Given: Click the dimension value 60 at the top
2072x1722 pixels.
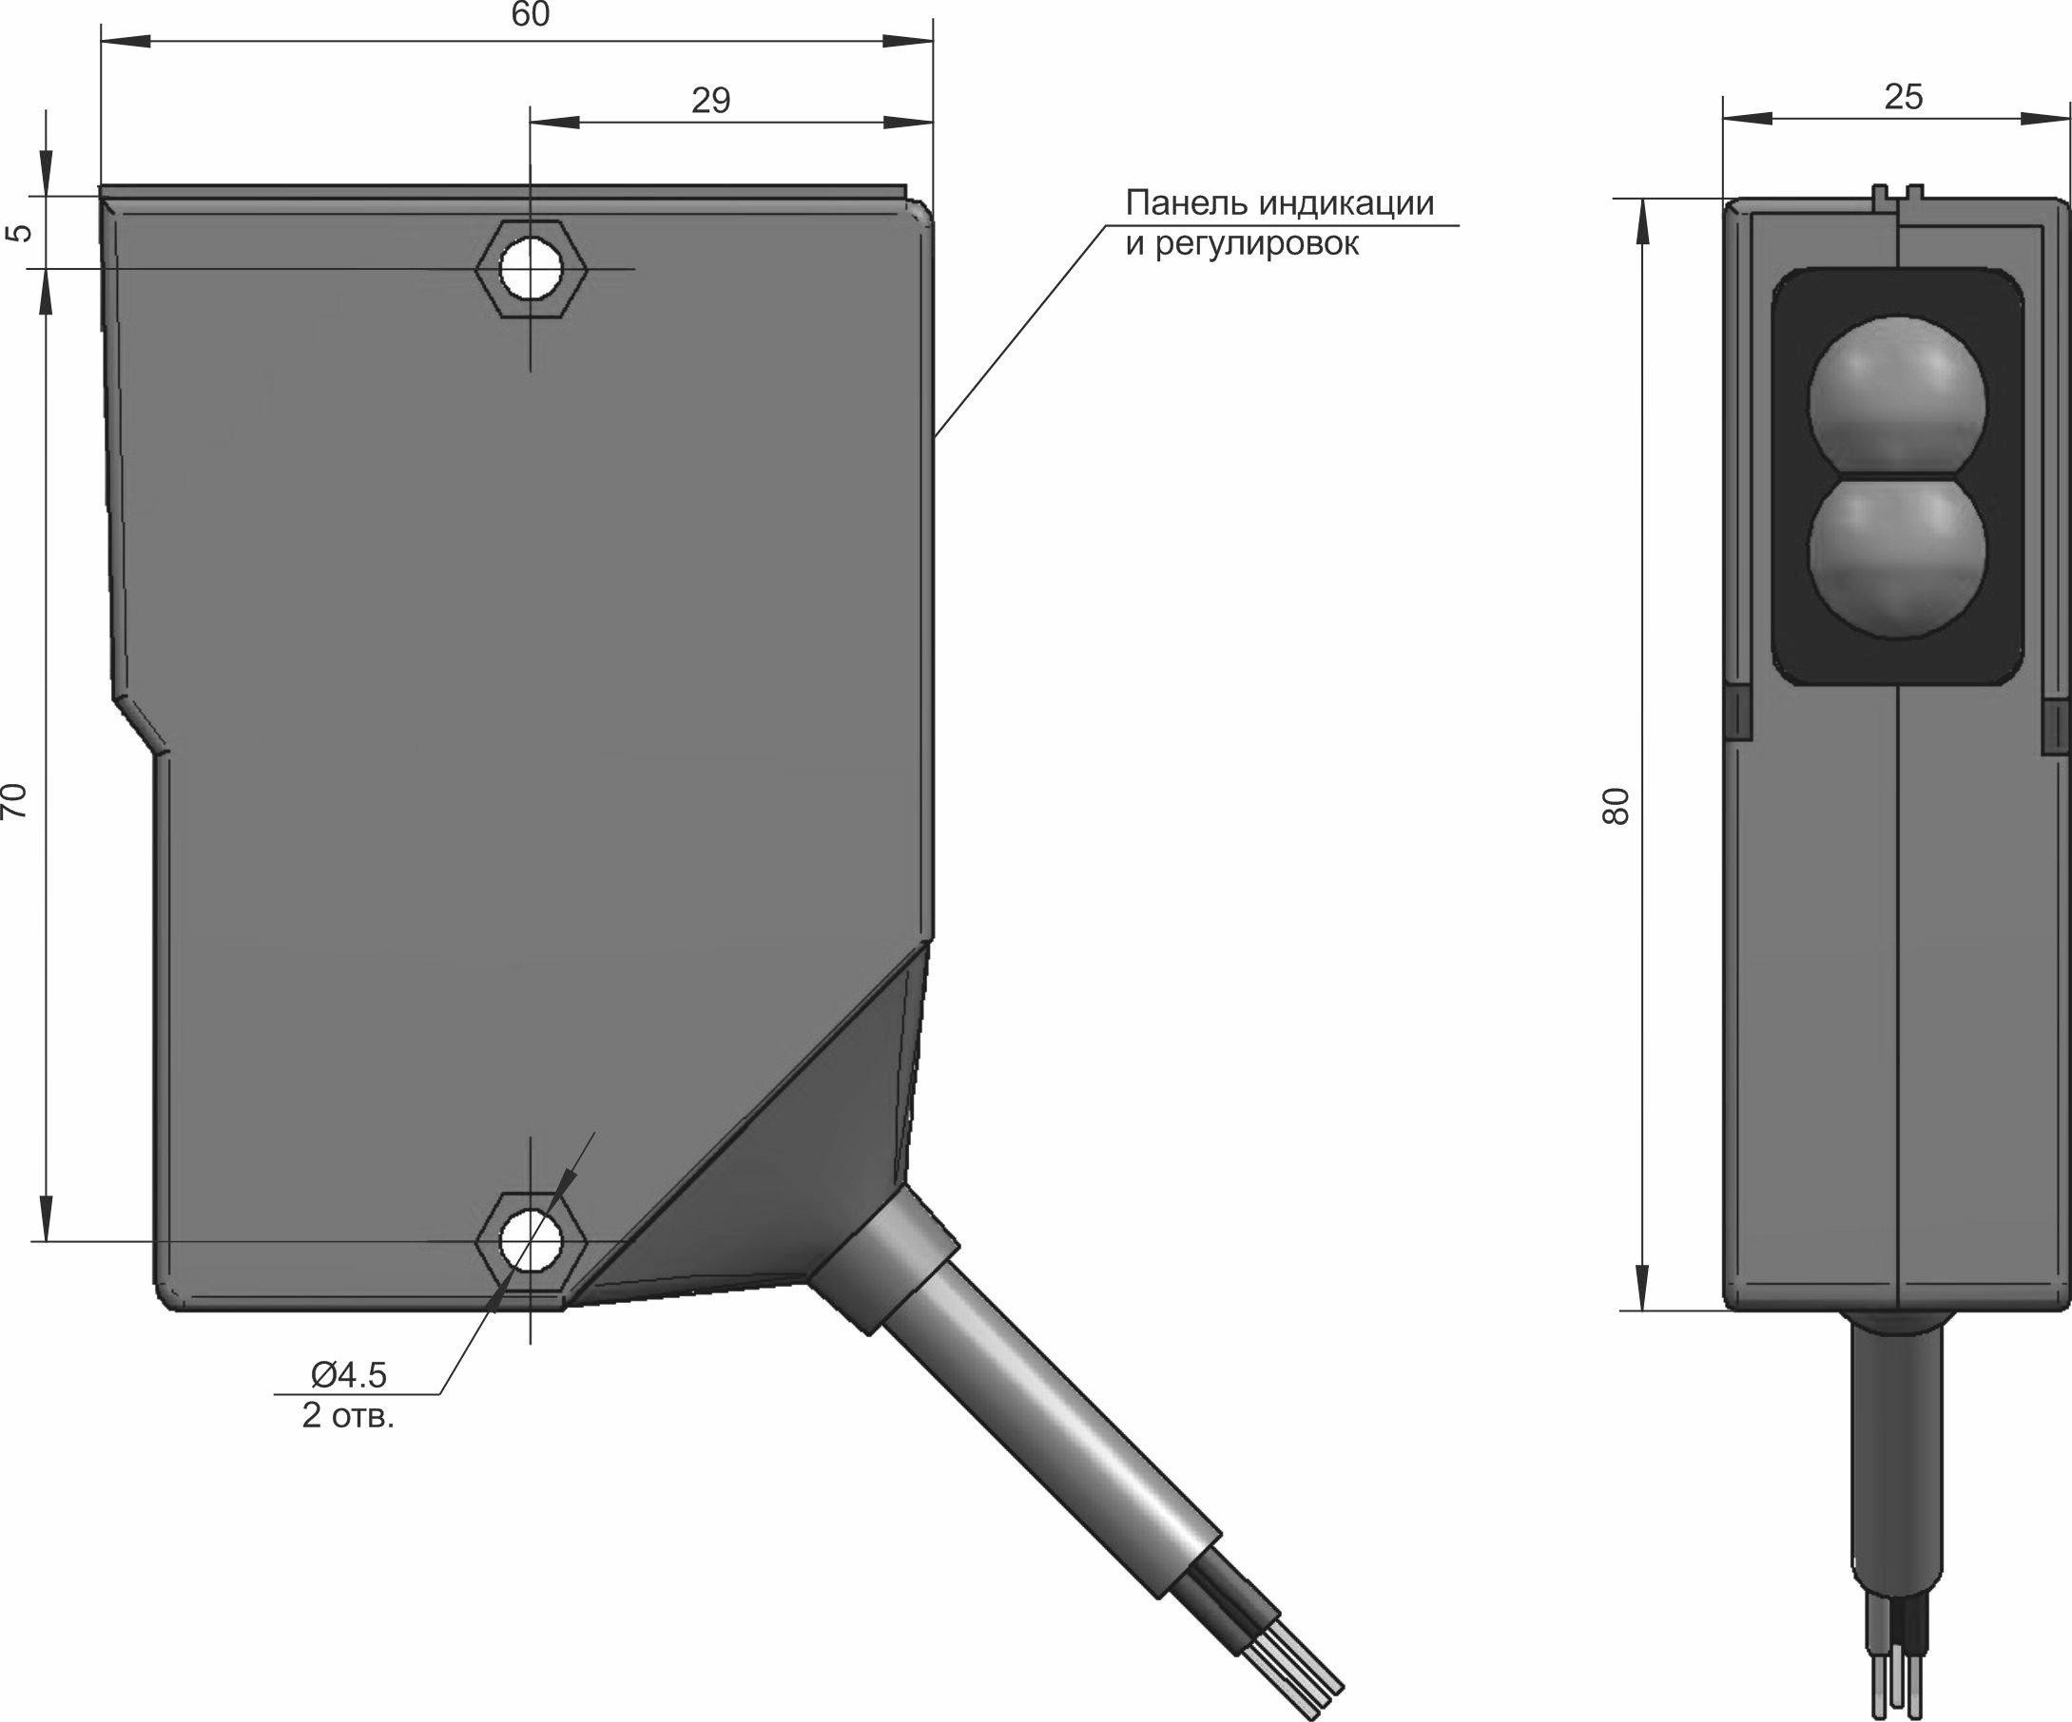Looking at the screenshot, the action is point(531,15).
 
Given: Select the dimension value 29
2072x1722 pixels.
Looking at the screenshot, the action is point(710,101).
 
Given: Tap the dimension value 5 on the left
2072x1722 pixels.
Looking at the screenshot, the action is point(21,233).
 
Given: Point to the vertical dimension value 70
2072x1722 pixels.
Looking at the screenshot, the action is point(15,800).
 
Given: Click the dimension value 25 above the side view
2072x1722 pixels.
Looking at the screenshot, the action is point(1904,97).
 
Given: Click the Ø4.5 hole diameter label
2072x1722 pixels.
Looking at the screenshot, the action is point(349,1374).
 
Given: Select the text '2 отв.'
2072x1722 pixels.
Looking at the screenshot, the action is point(348,1417).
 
